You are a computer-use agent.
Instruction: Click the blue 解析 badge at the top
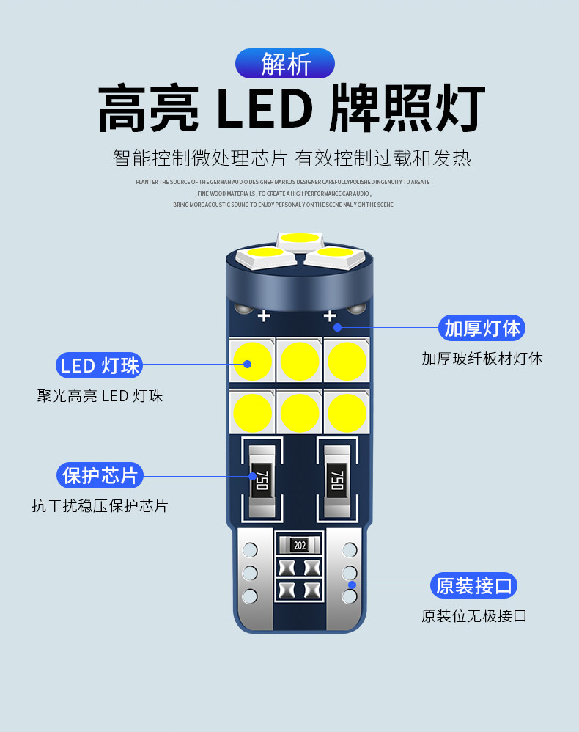click(x=285, y=64)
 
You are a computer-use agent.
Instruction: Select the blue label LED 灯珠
click(x=100, y=365)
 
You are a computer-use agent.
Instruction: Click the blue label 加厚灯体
click(x=482, y=328)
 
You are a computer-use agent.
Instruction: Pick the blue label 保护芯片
click(x=100, y=475)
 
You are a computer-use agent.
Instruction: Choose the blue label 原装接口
click(x=474, y=585)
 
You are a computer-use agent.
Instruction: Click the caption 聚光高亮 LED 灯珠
click(x=100, y=396)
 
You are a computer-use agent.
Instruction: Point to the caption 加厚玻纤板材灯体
click(x=482, y=359)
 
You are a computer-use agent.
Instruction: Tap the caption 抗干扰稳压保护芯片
click(x=100, y=506)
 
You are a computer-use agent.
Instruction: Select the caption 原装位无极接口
click(x=474, y=616)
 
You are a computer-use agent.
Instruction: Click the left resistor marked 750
click(x=262, y=480)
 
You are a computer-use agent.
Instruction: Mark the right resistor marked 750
click(x=336, y=480)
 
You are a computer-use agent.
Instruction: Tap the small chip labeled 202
click(x=299, y=545)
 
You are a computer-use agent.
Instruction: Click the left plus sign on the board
click(x=264, y=316)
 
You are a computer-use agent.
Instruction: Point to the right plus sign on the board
click(x=330, y=316)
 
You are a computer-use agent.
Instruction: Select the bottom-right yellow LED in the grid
click(x=347, y=413)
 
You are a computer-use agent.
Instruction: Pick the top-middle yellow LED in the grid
click(x=300, y=361)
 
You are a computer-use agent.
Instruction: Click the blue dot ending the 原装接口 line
click(x=353, y=585)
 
